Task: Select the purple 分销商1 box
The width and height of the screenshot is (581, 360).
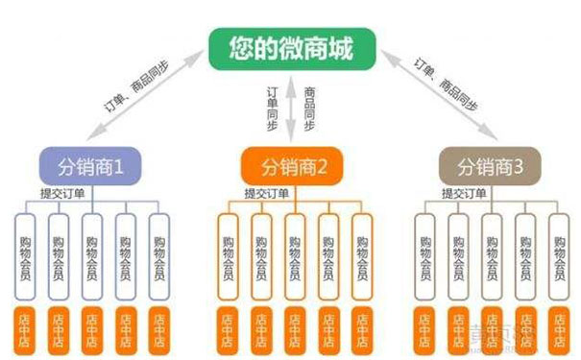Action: (92, 166)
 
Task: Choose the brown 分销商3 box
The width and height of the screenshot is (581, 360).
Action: (489, 166)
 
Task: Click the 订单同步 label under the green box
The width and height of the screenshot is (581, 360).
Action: (273, 108)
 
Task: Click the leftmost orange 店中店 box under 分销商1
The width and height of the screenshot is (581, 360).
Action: (26, 328)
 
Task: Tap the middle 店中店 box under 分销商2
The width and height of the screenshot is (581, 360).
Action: (293, 328)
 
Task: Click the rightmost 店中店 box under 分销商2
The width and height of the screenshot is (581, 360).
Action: (360, 328)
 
